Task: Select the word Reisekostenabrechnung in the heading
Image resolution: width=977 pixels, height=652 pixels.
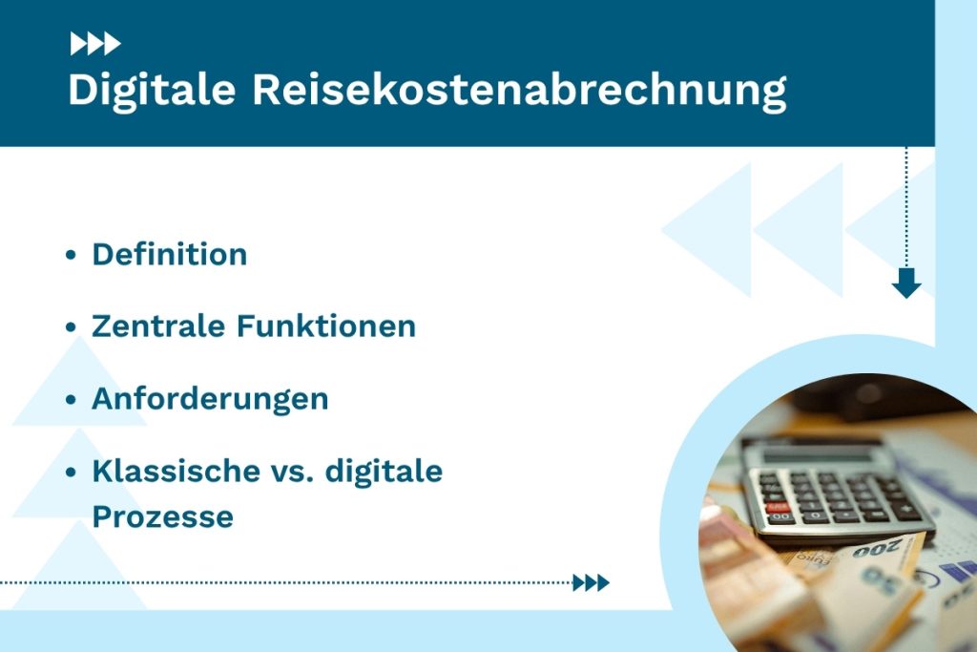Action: (x=519, y=91)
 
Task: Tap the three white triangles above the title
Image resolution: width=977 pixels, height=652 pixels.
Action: (x=94, y=43)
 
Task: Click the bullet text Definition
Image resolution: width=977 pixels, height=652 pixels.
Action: (x=169, y=255)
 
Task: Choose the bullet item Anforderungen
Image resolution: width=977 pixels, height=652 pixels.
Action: (x=210, y=399)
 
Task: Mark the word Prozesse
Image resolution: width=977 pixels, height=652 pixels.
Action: (x=162, y=516)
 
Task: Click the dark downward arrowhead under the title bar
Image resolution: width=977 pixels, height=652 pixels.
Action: (x=905, y=284)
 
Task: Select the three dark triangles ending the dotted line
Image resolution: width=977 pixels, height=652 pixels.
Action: (x=591, y=582)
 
